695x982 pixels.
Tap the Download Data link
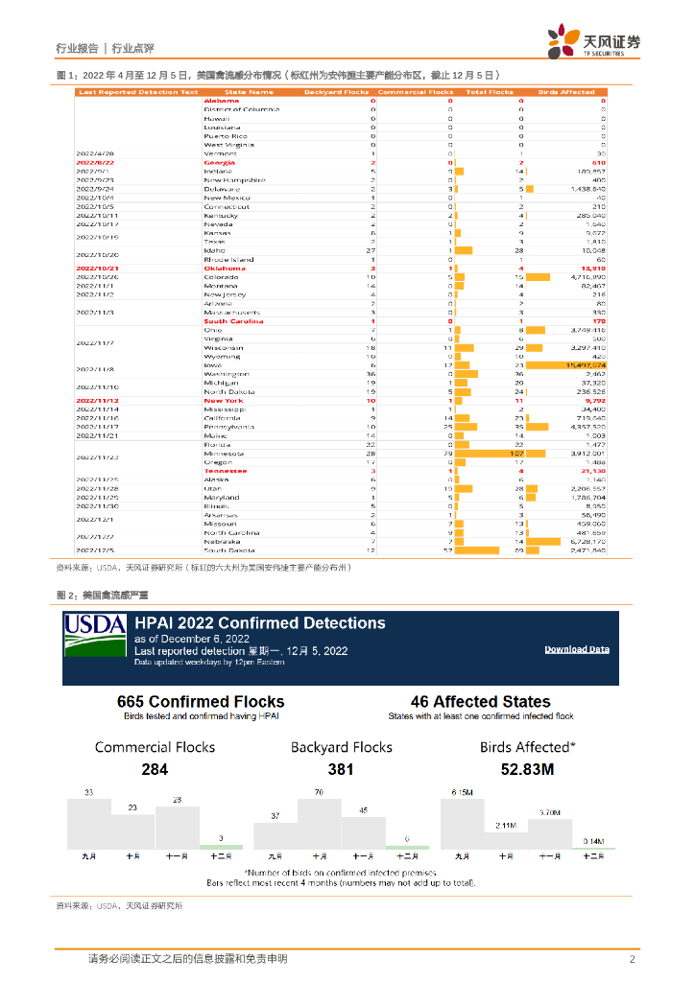tap(577, 649)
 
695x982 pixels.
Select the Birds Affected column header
tap(566, 93)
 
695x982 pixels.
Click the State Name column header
tap(249, 93)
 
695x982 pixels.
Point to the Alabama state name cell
tap(222, 101)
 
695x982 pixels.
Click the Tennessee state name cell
tap(225, 471)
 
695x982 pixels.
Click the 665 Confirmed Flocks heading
tap(201, 702)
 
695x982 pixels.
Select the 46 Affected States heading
tap(480, 702)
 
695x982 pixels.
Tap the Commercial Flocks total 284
tap(155, 769)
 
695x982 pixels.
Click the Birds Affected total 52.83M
tap(527, 769)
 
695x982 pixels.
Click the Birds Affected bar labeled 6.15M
tap(462, 823)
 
